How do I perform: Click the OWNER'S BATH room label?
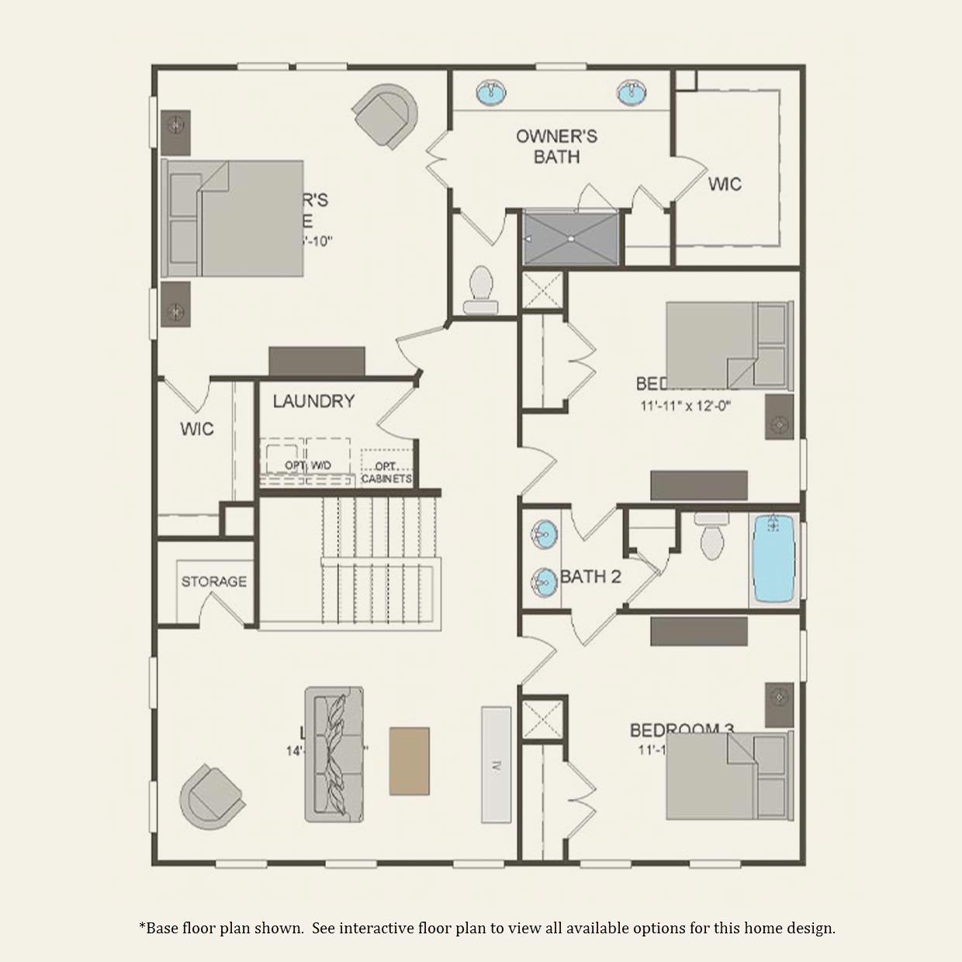[556, 147]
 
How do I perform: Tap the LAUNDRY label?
[313, 401]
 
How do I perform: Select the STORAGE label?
[214, 581]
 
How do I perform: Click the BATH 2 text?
[591, 576]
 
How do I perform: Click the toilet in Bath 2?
[710, 537]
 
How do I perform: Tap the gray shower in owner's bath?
[570, 237]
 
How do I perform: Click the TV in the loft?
[496, 764]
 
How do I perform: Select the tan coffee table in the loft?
[409, 760]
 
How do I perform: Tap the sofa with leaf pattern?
[334, 753]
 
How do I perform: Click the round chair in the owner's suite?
[386, 115]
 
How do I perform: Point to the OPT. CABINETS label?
[386, 472]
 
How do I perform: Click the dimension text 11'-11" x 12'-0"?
[687, 405]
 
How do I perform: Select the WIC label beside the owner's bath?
[725, 184]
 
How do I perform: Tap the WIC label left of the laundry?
[196, 429]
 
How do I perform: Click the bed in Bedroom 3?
[728, 776]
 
